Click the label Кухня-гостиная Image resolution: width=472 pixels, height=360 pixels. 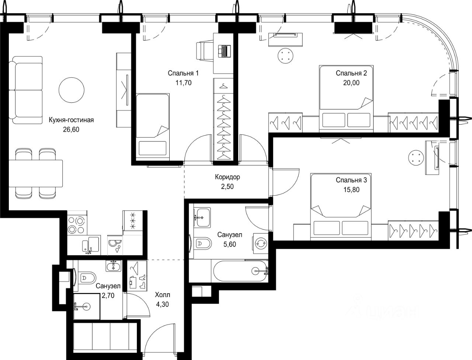point(71,120)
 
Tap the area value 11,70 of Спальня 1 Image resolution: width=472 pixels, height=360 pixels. point(183,83)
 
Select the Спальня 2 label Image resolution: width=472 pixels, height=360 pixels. point(351,73)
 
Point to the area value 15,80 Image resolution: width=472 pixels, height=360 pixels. point(351,190)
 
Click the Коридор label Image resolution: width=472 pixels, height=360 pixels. point(228,177)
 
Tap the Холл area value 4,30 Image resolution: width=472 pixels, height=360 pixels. point(162,304)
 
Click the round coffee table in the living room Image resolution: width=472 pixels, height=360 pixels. point(72,90)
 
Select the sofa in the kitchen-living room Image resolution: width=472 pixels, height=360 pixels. point(25,90)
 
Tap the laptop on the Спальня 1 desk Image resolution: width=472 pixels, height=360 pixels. point(224,51)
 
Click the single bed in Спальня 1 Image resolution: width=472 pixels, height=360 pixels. point(153,127)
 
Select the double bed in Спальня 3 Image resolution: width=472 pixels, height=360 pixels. point(341,206)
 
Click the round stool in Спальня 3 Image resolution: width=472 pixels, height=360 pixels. point(416,158)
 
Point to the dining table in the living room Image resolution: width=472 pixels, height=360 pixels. point(36,173)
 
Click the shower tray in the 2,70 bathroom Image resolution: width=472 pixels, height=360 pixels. point(87,307)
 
